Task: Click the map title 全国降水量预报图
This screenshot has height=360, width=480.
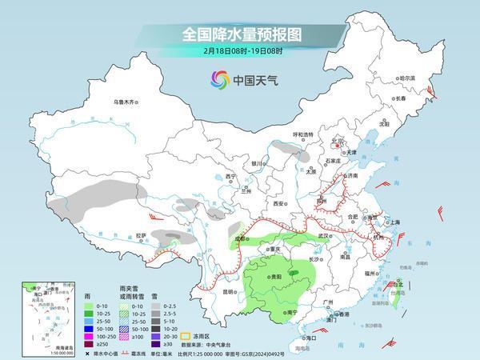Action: pos(239,34)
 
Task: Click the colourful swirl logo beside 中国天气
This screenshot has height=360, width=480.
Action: pos(218,79)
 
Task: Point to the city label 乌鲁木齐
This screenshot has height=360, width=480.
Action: pos(126,102)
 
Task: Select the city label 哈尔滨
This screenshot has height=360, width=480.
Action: pos(408,78)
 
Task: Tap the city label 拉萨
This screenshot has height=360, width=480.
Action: pos(141,235)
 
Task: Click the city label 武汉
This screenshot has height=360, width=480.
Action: pos(324,236)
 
